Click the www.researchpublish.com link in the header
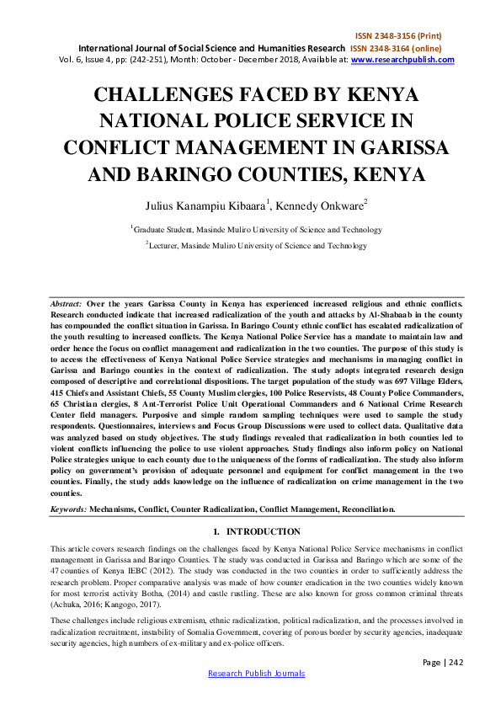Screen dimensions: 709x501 [402, 60]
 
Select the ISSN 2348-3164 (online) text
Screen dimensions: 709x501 [402, 49]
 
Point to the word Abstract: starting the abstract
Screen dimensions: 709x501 [66, 301]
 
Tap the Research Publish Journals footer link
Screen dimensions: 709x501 [256, 673]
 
